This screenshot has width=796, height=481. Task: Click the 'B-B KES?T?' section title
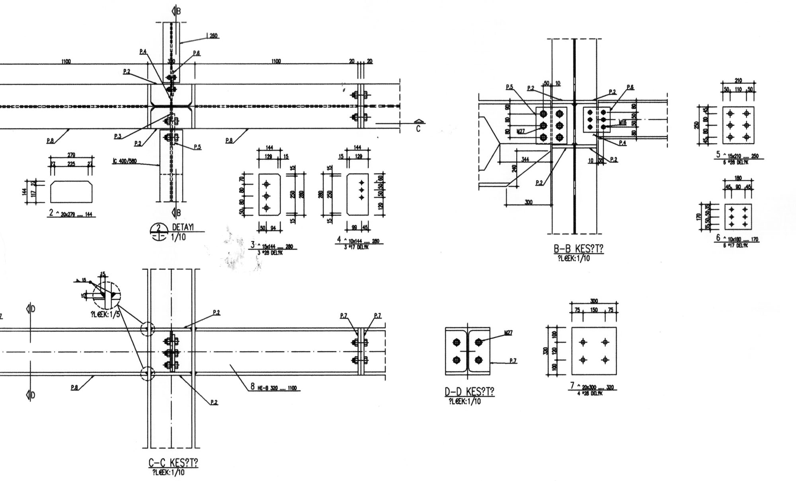point(578,249)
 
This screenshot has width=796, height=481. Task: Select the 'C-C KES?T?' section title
point(173,463)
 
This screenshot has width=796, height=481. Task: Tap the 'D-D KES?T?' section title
point(469,392)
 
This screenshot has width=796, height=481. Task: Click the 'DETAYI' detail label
point(183,227)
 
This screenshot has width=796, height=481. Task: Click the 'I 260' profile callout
point(212,36)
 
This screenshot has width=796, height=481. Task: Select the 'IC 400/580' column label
point(125,161)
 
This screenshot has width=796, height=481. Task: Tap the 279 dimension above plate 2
point(71,155)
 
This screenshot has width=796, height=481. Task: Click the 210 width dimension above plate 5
point(738,81)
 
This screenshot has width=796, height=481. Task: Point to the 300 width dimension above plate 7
point(594,301)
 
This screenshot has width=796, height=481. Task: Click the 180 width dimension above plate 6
point(738,178)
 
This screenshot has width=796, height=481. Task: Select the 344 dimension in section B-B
point(525,159)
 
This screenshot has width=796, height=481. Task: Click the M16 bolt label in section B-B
point(622,122)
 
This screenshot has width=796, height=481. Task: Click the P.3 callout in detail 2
point(117,137)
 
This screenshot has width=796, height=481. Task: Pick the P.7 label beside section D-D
point(513,361)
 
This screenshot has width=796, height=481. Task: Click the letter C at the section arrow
point(418,129)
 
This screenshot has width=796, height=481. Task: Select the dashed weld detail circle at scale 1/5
point(106,295)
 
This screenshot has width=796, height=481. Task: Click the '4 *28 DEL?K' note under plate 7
point(590,394)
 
